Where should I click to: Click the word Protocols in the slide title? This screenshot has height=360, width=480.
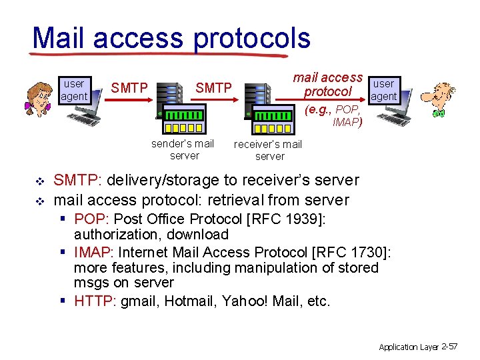(251, 39)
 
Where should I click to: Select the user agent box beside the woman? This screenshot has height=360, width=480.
(74, 90)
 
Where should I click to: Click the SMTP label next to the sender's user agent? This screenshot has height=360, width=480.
(129, 88)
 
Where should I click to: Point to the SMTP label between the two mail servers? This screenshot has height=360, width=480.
(213, 88)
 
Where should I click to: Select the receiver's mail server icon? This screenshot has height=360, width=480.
(267, 110)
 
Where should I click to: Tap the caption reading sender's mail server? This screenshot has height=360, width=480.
(183, 149)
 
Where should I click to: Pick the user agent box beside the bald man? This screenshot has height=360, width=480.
(383, 90)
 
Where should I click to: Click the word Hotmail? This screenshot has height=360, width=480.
(188, 301)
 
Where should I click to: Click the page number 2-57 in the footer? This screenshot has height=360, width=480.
(448, 347)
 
